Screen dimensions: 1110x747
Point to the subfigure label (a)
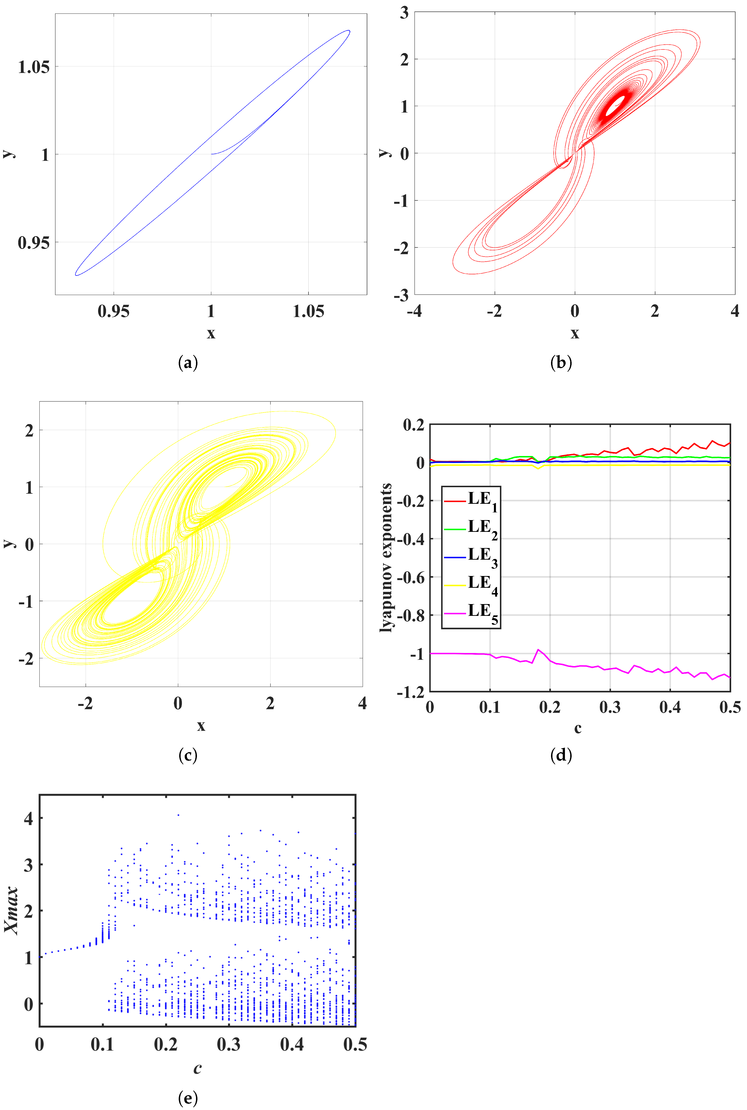pyautogui.click(x=188, y=363)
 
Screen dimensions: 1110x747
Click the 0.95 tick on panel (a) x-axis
pyautogui.click(x=113, y=311)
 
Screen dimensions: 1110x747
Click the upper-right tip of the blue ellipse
pyautogui.click(x=349, y=31)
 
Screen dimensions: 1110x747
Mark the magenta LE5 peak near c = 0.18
pyautogui.click(x=538, y=650)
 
